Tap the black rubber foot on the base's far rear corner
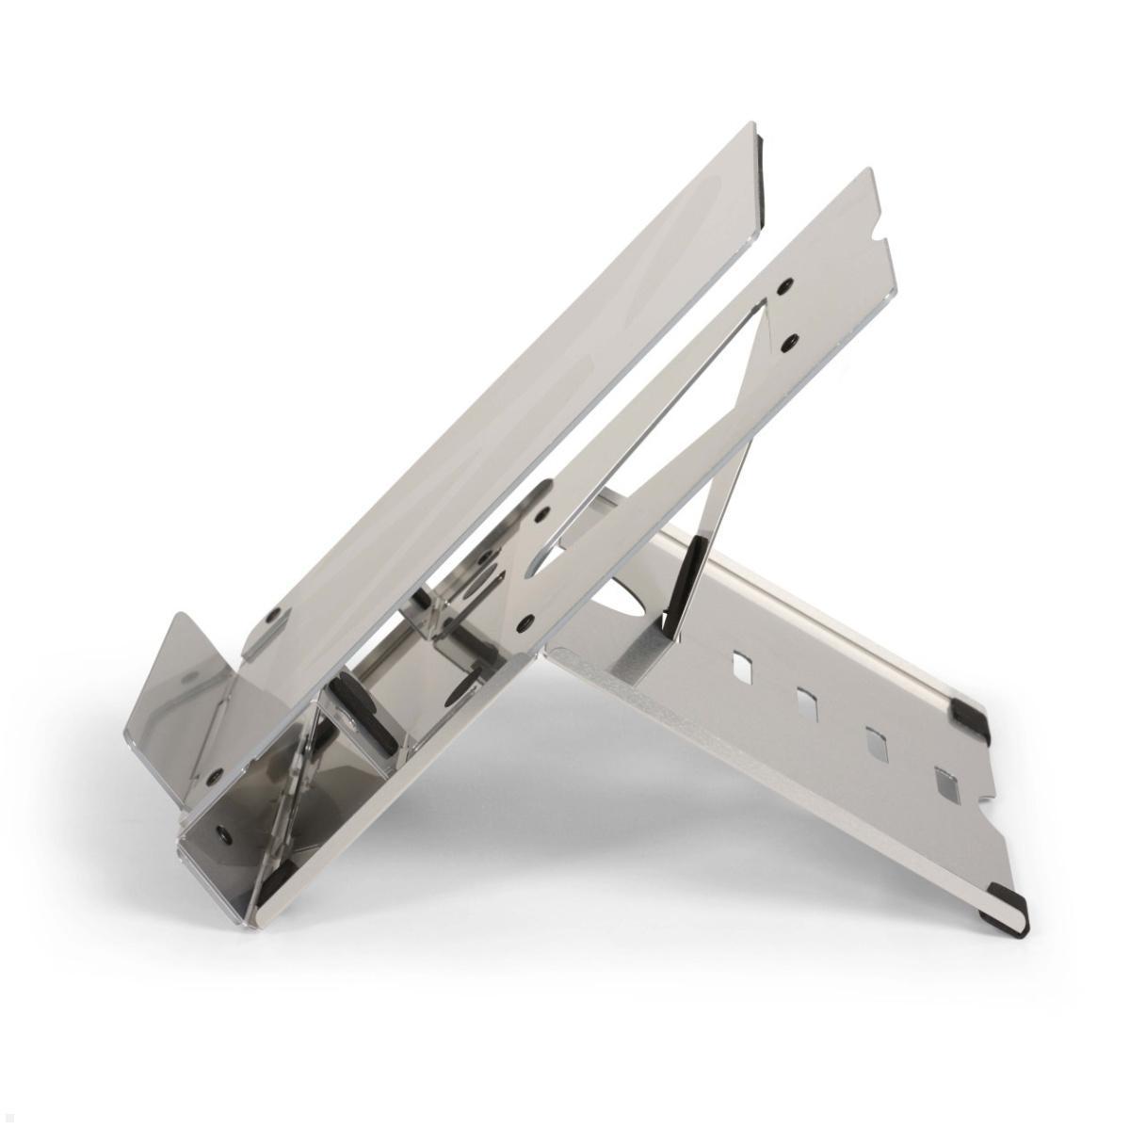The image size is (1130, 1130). (x=970, y=714)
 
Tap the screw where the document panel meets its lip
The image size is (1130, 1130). (x=272, y=614)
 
